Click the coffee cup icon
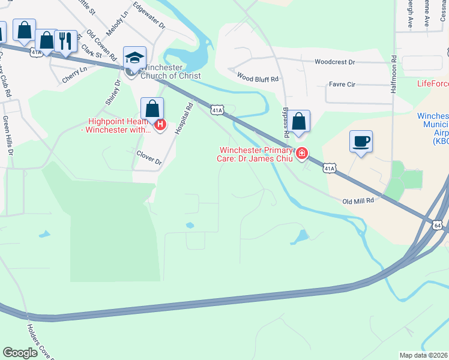(x=361, y=142)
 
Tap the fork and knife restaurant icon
(x=65, y=41)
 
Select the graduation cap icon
(x=134, y=58)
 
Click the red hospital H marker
(x=160, y=125)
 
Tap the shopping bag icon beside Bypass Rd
(x=298, y=121)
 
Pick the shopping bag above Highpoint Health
(x=152, y=109)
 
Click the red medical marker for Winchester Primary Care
(x=301, y=154)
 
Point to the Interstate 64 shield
(x=436, y=224)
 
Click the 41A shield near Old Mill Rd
(x=329, y=169)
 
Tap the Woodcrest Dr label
(x=335, y=62)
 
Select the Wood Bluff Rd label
(x=258, y=78)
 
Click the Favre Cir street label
(x=342, y=85)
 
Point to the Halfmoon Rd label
(x=394, y=71)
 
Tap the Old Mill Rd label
(x=358, y=201)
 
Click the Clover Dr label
(x=149, y=158)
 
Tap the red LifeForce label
(x=432, y=84)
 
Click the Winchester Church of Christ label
(x=170, y=72)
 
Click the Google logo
(x=20, y=353)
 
